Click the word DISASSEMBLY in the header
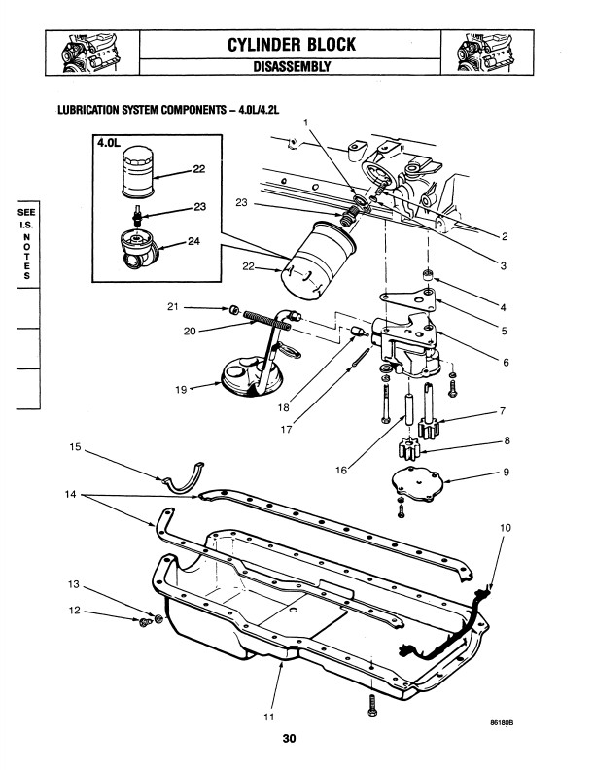pyautogui.click(x=292, y=67)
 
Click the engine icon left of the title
pyautogui.click(x=91, y=52)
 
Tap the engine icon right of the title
pyautogui.click(x=486, y=52)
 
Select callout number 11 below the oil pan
pyautogui.click(x=268, y=717)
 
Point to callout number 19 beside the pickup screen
pyautogui.click(x=181, y=390)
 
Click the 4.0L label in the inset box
pyautogui.click(x=108, y=142)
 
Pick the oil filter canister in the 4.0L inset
pyautogui.click(x=137, y=171)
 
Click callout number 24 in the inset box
pyautogui.click(x=194, y=241)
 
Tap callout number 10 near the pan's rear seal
pyautogui.click(x=506, y=528)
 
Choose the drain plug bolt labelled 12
pyautogui.click(x=145, y=622)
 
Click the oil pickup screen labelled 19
pyautogui.click(x=253, y=376)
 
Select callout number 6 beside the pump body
pyautogui.click(x=507, y=363)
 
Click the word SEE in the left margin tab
pyautogui.click(x=26, y=213)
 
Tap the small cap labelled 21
pyautogui.click(x=234, y=310)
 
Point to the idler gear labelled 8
pyautogui.click(x=408, y=449)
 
